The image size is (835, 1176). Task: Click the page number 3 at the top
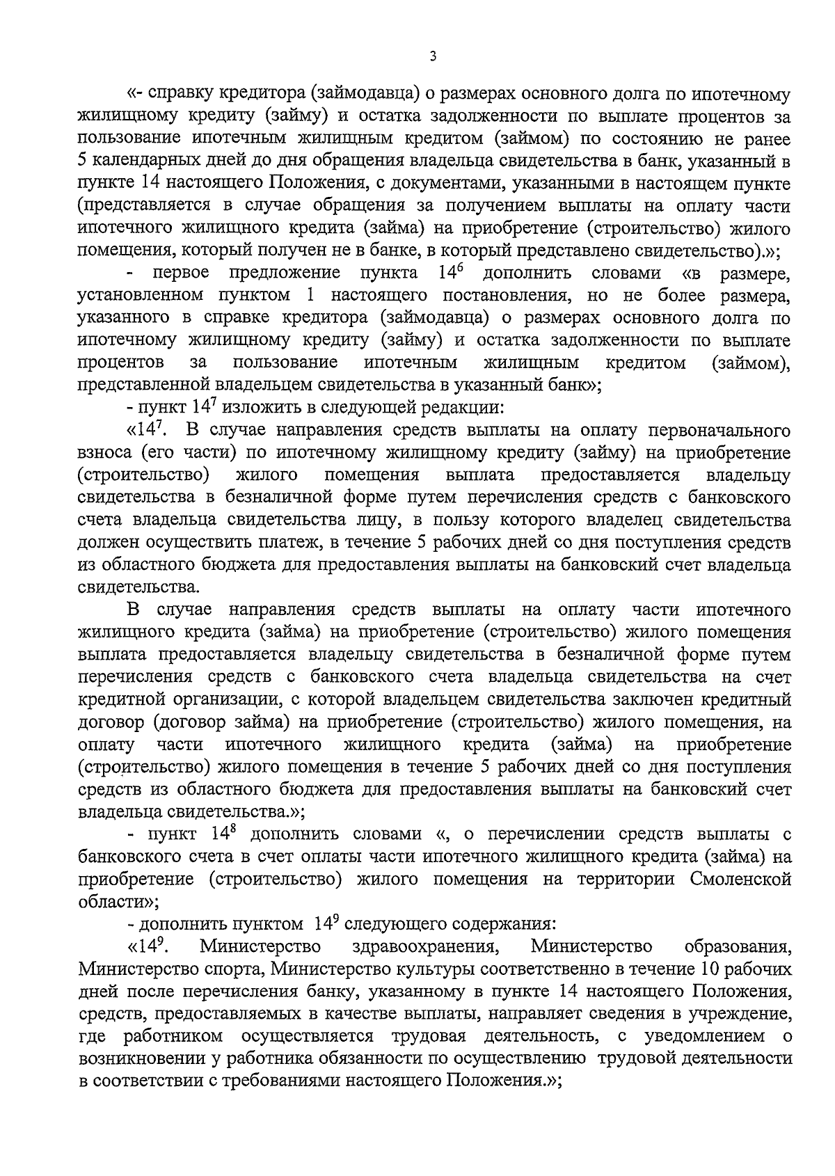coord(433,57)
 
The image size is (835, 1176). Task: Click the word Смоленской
coord(740,880)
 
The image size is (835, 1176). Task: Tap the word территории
coord(624,880)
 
